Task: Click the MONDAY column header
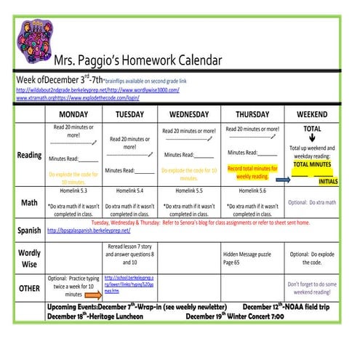coord(73,115)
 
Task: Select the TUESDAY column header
coord(129,115)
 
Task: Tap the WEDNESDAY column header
coord(189,115)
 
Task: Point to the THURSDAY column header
coord(252,115)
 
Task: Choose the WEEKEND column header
coord(312,115)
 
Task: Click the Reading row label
coord(29,155)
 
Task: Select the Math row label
coord(29,202)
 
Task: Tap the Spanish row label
coord(29,231)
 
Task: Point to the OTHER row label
coord(29,287)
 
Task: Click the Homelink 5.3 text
coord(73,191)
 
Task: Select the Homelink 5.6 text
coord(252,191)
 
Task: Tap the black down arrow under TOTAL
coord(312,140)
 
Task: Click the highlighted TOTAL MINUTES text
coord(312,164)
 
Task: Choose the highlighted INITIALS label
coord(328,181)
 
